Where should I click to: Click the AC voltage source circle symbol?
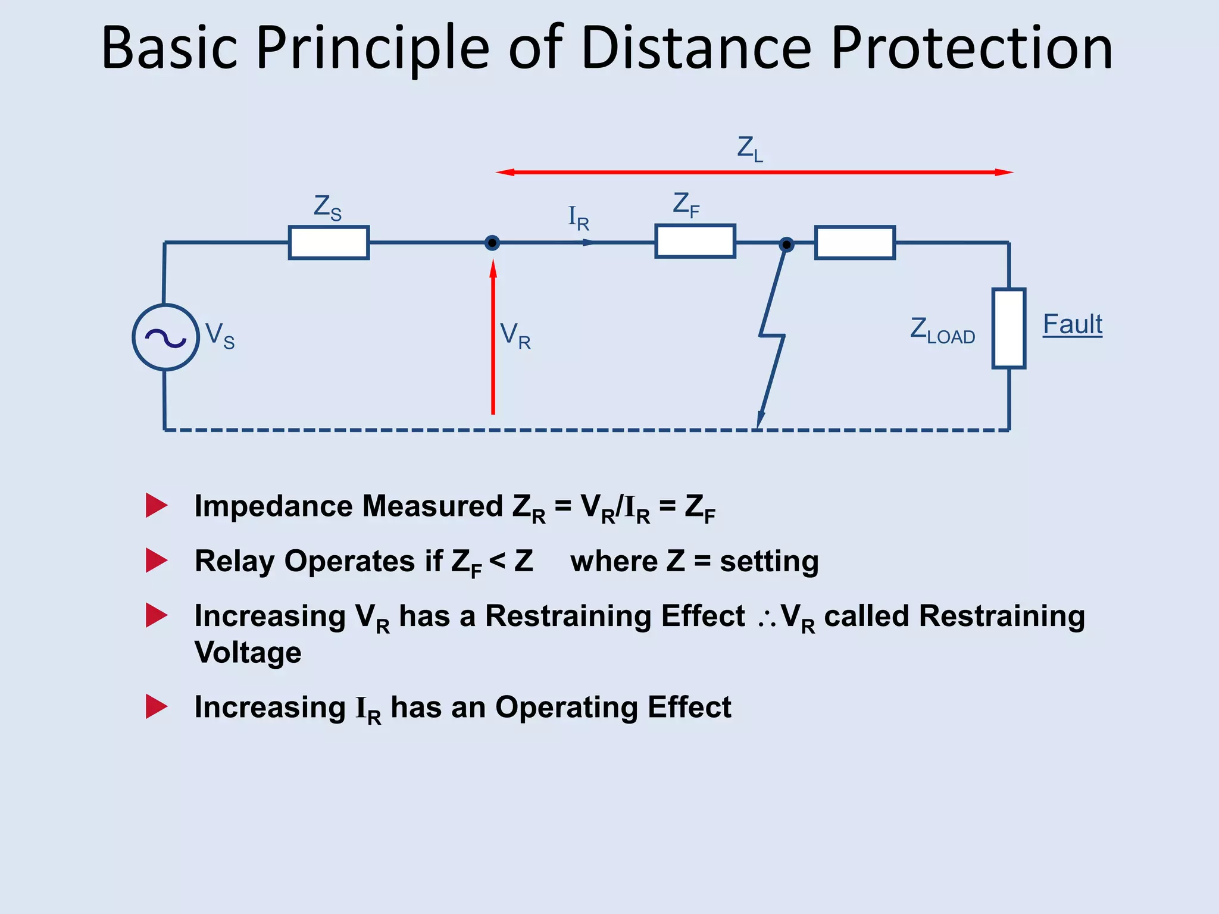165,337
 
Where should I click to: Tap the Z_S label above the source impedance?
327,208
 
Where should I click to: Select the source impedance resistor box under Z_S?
329,243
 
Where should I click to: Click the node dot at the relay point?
492,243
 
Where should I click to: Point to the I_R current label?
579,218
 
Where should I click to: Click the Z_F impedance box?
695,241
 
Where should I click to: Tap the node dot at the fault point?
786,244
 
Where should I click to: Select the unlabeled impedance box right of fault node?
855,243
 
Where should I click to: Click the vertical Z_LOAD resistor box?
1008,328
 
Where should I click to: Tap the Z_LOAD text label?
942,330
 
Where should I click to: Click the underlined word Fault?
1073,325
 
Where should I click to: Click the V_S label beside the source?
220,336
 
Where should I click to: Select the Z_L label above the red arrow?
749,149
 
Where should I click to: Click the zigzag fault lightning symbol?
771,337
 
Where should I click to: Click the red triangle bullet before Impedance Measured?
156,505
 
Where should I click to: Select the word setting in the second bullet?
769,562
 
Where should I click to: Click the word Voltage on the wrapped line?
248,652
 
